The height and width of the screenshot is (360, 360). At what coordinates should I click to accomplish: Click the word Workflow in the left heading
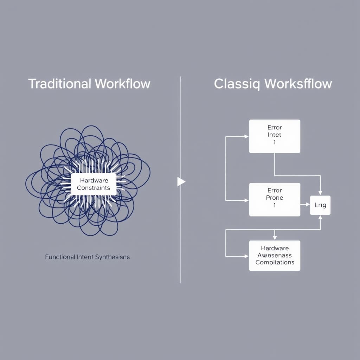(x=122, y=84)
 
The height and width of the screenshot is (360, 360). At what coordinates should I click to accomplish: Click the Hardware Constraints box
(x=93, y=184)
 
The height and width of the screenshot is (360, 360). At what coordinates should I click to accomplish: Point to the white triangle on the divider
(x=181, y=182)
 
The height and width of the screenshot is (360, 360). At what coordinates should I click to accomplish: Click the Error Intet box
(x=275, y=136)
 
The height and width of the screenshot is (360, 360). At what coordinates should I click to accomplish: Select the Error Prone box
(x=275, y=199)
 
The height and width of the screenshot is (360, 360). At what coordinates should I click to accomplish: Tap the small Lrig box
(x=320, y=205)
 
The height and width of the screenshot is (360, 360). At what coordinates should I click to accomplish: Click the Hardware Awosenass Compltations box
(x=275, y=256)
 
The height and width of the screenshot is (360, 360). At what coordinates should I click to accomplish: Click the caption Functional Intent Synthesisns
(x=87, y=257)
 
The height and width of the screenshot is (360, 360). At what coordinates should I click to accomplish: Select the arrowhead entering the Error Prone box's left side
(x=247, y=200)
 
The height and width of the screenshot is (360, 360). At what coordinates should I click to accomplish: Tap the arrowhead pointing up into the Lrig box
(x=320, y=217)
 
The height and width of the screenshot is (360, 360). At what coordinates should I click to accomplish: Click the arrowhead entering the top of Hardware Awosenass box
(x=275, y=238)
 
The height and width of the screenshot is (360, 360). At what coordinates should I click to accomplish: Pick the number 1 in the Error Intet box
(x=275, y=142)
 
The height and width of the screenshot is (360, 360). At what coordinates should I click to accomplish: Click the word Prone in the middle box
(x=275, y=198)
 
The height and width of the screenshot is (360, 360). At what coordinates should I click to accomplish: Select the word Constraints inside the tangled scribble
(x=93, y=188)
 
